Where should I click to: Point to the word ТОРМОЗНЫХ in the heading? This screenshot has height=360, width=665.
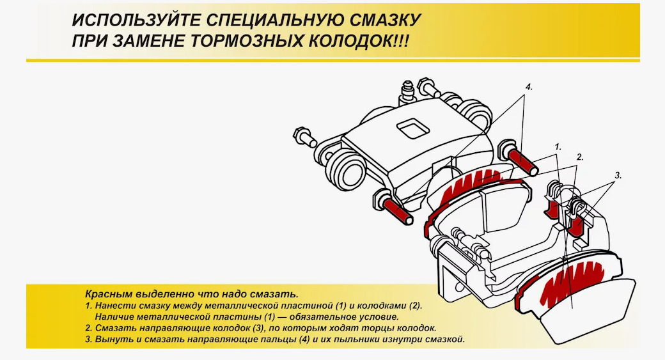[247, 41]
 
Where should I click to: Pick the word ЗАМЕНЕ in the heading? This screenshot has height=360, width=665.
[148, 41]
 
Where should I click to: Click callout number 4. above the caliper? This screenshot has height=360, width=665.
[528, 87]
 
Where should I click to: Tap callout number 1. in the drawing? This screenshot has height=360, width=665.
[558, 147]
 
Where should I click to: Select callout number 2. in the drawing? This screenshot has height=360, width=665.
[580, 157]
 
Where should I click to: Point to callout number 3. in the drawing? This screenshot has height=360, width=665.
[618, 175]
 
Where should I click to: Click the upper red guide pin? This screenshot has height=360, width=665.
[521, 160]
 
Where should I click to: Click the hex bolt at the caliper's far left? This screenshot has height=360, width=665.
[304, 137]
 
